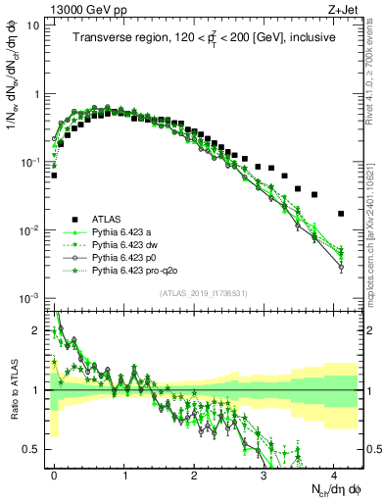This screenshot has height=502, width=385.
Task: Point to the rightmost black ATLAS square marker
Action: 340,213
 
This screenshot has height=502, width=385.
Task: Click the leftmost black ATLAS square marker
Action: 54,176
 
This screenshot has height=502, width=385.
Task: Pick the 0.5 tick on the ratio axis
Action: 32,449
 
